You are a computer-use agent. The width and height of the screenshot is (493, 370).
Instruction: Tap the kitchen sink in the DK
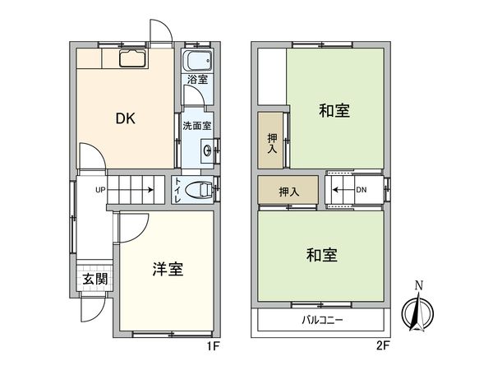click(x=131, y=58)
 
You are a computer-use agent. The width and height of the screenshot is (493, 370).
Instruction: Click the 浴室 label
click(x=196, y=80)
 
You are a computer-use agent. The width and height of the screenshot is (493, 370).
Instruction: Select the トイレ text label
click(x=177, y=191)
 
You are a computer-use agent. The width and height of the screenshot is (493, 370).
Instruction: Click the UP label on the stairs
click(x=100, y=190)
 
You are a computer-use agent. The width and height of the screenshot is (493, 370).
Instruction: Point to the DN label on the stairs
click(x=362, y=190)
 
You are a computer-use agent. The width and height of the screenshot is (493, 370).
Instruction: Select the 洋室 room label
click(x=167, y=269)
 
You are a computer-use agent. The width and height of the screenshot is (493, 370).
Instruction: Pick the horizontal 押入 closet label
click(x=288, y=192)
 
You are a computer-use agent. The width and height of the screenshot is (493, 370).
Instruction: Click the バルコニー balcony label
click(x=321, y=320)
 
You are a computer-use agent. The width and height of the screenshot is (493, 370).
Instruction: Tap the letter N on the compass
click(x=419, y=286)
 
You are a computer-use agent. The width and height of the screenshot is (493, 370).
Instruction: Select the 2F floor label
click(x=384, y=346)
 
